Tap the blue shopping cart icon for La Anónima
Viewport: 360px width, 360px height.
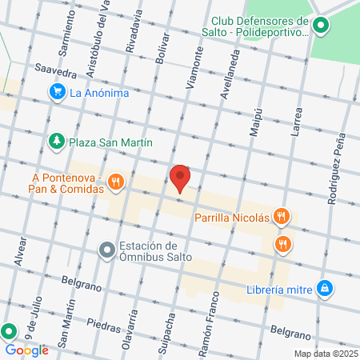pos(57,93)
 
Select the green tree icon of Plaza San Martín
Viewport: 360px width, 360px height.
pos(57,142)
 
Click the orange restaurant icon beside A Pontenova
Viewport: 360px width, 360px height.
pos(117,182)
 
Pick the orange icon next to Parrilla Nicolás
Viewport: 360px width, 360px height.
pos(281,216)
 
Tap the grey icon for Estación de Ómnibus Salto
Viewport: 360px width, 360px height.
pos(107,251)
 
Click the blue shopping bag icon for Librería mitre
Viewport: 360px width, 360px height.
pos(324,287)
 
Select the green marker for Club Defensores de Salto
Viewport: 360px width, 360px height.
pos(321,26)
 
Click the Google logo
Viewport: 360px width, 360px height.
pos(26,350)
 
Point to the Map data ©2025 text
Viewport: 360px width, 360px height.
pos(324,354)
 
